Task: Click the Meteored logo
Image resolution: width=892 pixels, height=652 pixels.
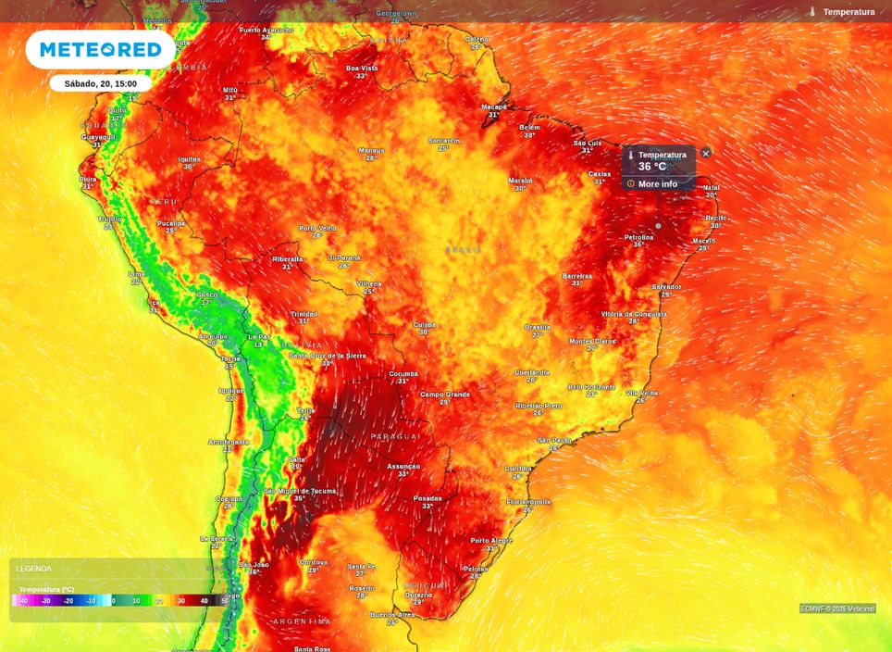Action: click(100, 49)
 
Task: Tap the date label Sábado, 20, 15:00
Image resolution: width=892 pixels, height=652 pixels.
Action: click(101, 83)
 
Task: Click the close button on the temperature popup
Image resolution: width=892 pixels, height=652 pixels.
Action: click(706, 154)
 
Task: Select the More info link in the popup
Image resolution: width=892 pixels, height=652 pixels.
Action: click(657, 184)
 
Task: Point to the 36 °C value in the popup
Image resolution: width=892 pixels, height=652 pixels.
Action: click(652, 167)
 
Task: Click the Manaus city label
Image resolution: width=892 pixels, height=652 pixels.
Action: click(371, 150)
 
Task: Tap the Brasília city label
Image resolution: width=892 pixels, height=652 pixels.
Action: click(538, 327)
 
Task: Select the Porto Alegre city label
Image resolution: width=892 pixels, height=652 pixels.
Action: click(491, 540)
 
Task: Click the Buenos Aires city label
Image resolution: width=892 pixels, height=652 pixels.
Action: click(392, 614)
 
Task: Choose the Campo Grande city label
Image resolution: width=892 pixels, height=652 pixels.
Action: click(445, 395)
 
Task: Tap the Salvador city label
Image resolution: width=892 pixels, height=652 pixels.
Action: click(666, 287)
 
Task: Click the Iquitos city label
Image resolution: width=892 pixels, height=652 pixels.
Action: click(189, 159)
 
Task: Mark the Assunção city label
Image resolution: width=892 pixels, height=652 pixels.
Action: click(403, 466)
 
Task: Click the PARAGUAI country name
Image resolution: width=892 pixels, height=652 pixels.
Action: click(396, 436)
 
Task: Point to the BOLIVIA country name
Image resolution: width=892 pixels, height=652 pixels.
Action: click(302, 345)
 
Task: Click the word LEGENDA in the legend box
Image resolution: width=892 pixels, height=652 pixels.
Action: click(34, 569)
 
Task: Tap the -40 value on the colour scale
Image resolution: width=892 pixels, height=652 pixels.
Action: click(23, 601)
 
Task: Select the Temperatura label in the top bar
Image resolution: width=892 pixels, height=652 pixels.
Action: click(849, 12)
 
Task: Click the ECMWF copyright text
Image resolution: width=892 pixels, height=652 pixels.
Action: click(837, 608)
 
